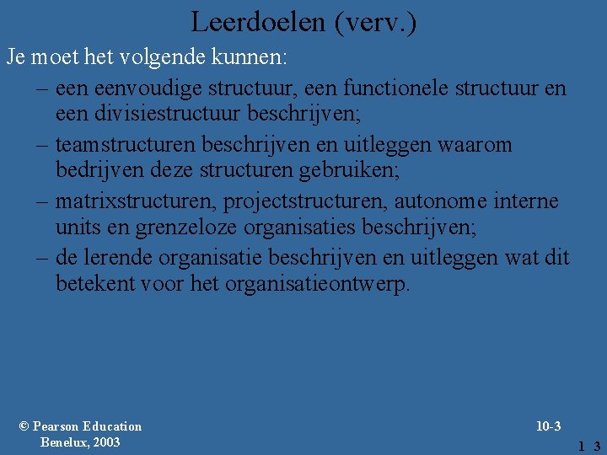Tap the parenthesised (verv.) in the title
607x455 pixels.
[375, 22]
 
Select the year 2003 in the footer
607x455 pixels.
[105, 442]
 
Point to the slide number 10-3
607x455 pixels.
[548, 426]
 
